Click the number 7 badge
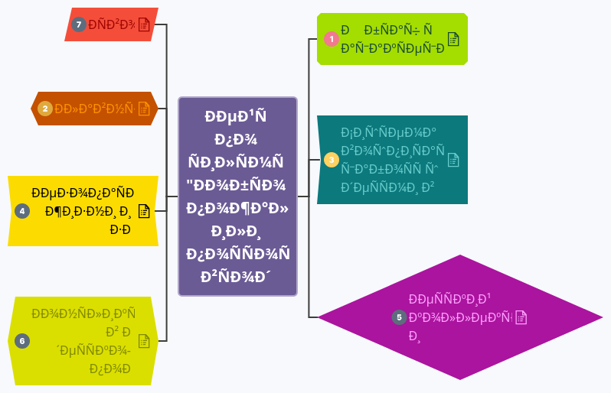(x=78, y=24)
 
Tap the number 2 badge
(x=45, y=109)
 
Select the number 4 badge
(x=22, y=210)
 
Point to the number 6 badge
(x=22, y=341)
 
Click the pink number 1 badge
(x=331, y=39)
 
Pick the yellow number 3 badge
(x=331, y=160)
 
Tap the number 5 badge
(x=398, y=317)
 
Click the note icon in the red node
(x=143, y=24)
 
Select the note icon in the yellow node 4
(x=143, y=210)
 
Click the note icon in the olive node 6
(x=143, y=341)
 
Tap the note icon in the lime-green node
(x=453, y=39)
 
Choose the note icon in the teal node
(x=453, y=160)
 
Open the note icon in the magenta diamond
(x=521, y=317)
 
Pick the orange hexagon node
(x=93, y=109)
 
